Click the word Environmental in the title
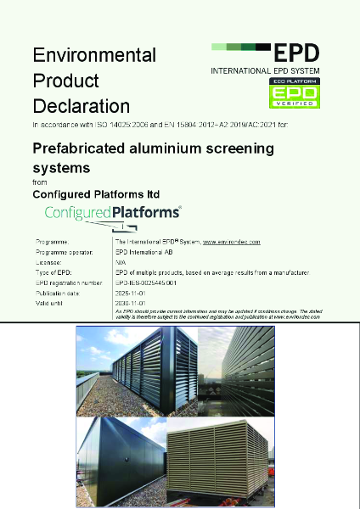94,55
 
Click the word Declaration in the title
82,106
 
